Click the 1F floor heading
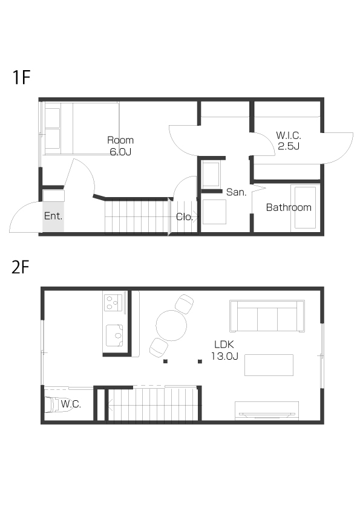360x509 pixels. tap(21, 77)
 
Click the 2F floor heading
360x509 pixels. tap(21, 267)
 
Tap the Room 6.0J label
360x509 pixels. tap(120, 146)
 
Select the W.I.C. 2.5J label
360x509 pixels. tap(289, 141)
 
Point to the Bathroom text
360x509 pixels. tap(289, 207)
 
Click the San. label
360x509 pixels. tap(236, 192)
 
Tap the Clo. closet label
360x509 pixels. tap(184, 217)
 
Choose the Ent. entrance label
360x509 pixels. tap(53, 216)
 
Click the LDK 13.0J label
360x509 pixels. tap(224, 350)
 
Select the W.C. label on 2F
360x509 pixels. tap(71, 404)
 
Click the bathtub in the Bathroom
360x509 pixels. tap(305, 208)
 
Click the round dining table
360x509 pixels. tap(171, 326)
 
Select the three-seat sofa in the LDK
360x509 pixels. tap(267, 316)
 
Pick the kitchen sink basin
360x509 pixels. tap(114, 336)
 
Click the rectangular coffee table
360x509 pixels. tap(269, 365)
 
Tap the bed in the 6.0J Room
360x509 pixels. tap(81, 129)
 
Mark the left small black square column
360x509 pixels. tap(165, 361)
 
